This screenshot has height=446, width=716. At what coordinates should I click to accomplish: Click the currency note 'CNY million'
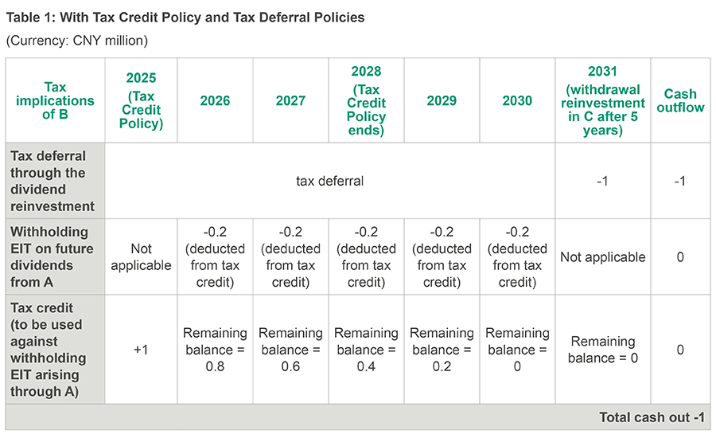coord(115,41)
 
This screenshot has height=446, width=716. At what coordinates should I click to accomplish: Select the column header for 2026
coord(215,101)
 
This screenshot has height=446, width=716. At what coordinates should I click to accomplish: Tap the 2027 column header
coord(290,101)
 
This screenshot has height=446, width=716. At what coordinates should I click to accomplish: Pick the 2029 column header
coord(442,101)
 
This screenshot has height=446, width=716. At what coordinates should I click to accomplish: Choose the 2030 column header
coord(517,101)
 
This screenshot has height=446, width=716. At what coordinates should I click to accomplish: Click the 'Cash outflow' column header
coord(680,101)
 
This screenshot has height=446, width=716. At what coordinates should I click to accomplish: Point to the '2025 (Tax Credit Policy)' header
coord(140,101)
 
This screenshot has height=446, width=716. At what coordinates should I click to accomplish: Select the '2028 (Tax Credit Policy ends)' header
coord(366,101)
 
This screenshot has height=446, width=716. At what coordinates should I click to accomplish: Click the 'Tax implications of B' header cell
coord(56,101)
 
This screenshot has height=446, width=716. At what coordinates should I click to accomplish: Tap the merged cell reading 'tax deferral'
coord(329,181)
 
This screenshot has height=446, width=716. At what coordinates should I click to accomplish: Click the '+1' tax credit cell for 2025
coord(140,350)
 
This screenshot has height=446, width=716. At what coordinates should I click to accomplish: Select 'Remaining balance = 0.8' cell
coord(215,350)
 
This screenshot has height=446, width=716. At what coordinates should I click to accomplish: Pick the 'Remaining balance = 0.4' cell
coord(366,350)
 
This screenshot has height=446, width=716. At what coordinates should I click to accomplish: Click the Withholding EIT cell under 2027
coord(290,257)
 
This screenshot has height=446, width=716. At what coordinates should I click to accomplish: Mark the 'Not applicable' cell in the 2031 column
coord(602,257)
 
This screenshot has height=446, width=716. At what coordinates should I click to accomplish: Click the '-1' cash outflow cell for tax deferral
coord(680,181)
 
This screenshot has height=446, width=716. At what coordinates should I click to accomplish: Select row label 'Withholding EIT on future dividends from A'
coord(53,257)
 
